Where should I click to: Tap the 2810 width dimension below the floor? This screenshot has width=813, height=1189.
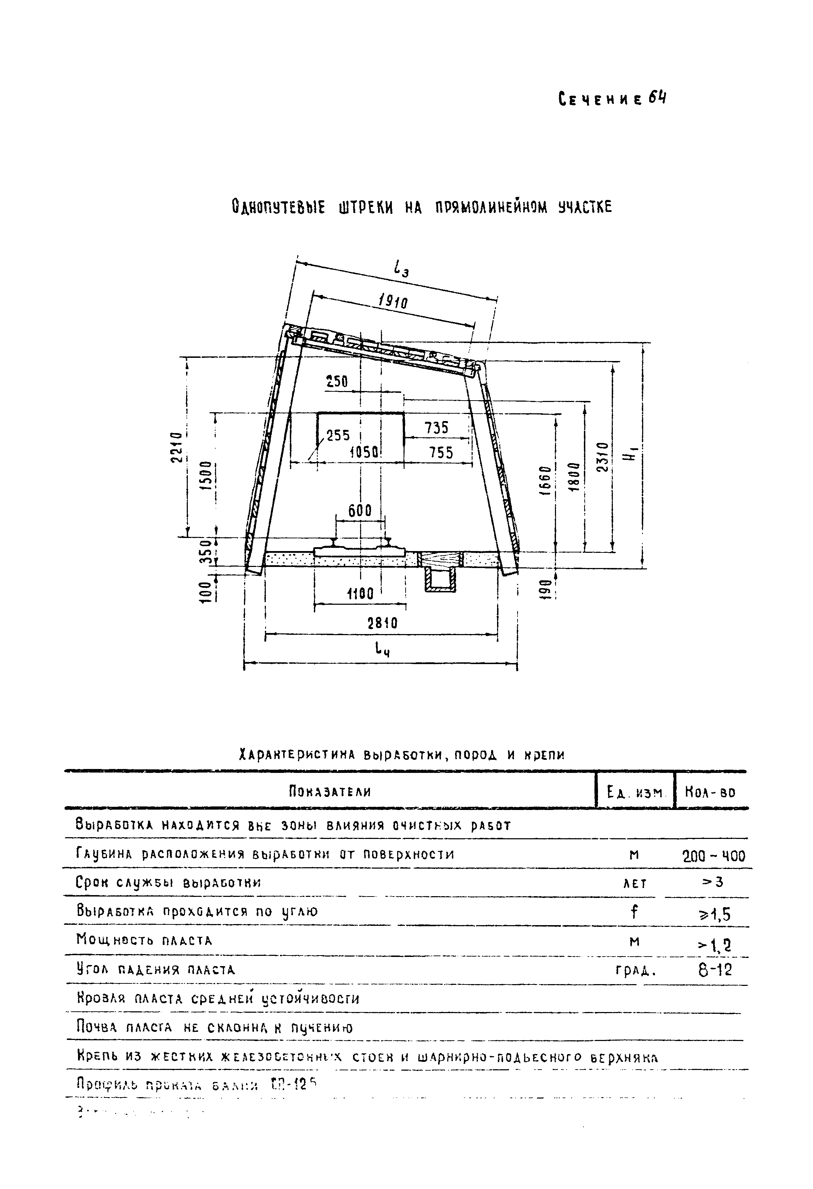click(382, 623)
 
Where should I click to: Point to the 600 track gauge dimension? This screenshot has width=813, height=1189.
click(360, 510)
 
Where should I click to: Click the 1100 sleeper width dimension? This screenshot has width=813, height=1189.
click(360, 594)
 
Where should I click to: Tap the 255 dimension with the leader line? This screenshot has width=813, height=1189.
click(338, 436)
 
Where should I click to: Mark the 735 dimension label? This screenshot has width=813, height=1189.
click(436, 428)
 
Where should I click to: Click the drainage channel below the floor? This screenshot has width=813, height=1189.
click(440, 581)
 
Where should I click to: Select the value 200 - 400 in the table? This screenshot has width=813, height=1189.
click(714, 856)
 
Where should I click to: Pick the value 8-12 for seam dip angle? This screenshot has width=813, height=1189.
click(715, 970)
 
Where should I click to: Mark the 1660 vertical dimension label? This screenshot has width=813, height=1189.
click(545, 480)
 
